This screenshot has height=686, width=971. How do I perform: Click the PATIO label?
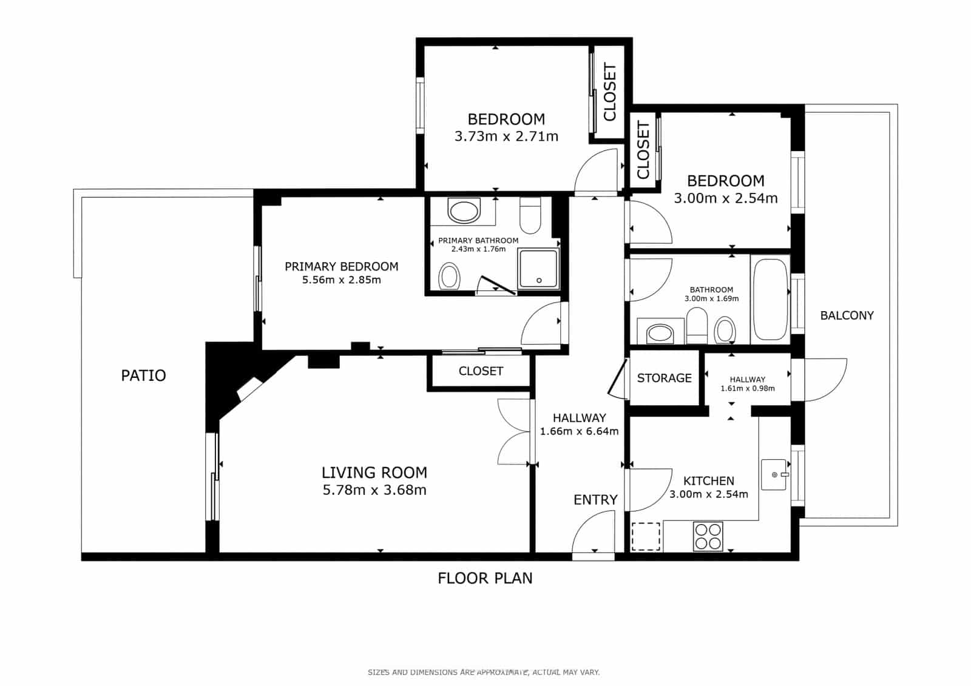tap(143, 375)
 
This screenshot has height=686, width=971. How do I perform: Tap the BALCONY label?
tap(847, 315)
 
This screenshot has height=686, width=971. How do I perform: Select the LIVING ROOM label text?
tap(374, 472)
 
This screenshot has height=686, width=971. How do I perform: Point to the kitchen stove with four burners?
tap(708, 537)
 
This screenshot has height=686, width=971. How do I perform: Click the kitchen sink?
tap(774, 474)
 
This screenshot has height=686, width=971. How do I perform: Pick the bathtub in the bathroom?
tap(770, 300)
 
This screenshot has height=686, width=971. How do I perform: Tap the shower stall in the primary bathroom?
tap(538, 268)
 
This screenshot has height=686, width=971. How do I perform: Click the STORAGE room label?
tap(664, 378)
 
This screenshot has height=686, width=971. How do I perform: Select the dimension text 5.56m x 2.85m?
tap(342, 280)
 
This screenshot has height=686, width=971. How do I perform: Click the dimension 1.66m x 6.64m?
tap(579, 431)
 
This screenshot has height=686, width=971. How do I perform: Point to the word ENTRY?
tap(595, 500)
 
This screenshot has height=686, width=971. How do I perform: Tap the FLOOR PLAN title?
tap(485, 578)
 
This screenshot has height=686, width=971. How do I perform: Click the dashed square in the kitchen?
tap(646, 537)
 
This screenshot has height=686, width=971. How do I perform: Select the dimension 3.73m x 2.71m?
tap(506, 136)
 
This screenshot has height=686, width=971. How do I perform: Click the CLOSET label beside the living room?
tap(481, 371)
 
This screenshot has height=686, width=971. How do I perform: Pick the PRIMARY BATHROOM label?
tap(478, 241)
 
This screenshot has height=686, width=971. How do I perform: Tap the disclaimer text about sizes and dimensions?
tap(484, 672)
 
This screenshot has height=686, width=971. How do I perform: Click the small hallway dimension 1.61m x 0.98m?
tap(747, 388)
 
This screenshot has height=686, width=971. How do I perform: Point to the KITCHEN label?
tap(709, 480)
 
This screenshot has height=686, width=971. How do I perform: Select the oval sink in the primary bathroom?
tap(464, 211)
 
